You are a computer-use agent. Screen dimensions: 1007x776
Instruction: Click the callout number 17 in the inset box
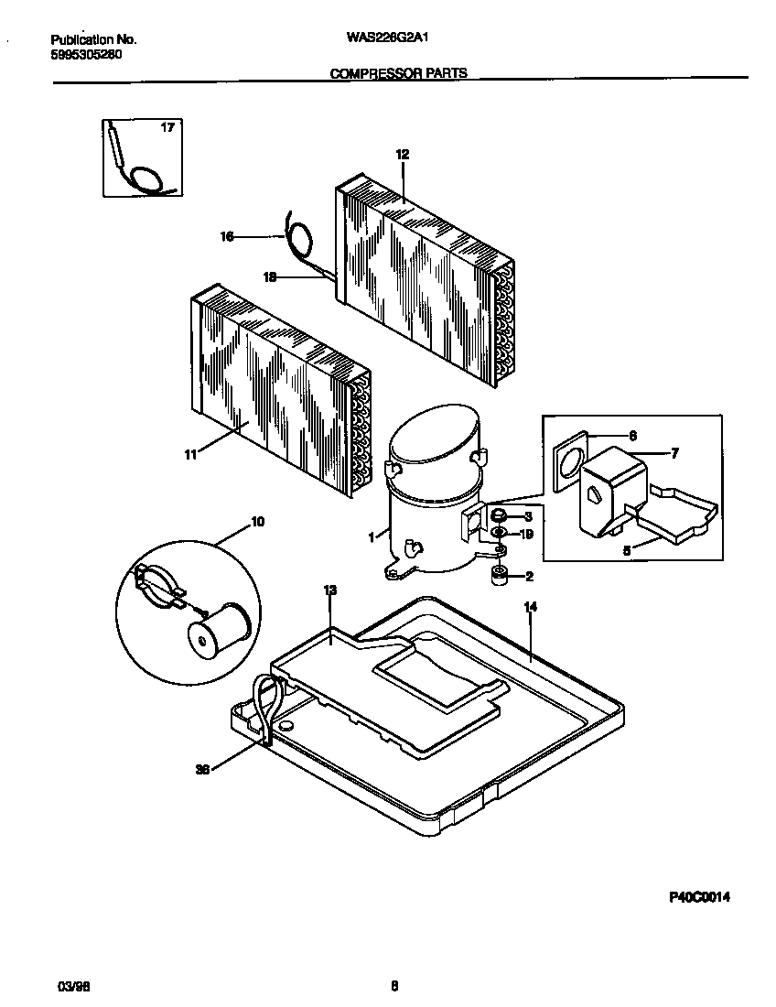(167, 127)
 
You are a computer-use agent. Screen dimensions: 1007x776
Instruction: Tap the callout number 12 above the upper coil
(401, 155)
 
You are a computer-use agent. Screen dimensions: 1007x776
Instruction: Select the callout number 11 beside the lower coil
(191, 452)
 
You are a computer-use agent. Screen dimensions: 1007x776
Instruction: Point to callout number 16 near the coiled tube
(227, 237)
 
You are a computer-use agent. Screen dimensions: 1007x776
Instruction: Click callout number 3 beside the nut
(528, 517)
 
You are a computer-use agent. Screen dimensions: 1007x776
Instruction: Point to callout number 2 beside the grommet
(528, 576)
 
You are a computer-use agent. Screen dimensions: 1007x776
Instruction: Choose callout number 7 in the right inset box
(674, 452)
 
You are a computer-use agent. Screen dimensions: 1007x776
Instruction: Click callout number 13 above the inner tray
(330, 591)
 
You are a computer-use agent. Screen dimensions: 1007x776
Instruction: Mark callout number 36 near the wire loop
(203, 770)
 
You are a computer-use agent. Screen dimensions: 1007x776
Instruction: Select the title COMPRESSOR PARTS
(398, 72)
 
